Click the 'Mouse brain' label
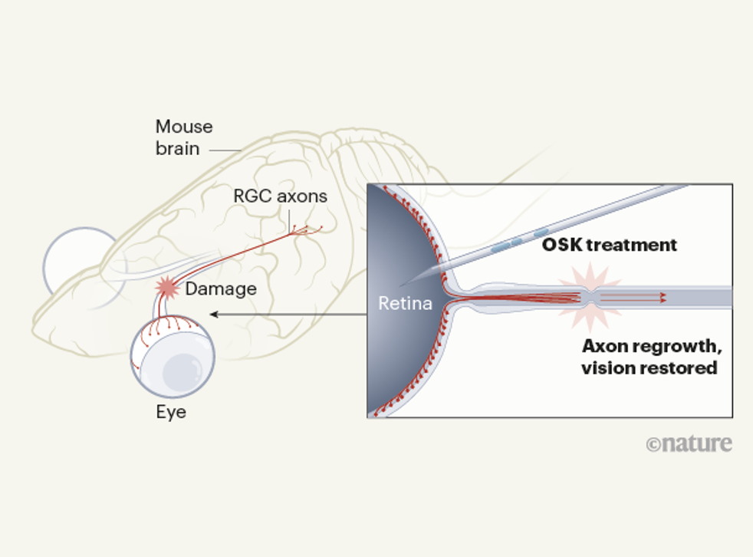click(x=184, y=137)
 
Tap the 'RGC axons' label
click(x=280, y=196)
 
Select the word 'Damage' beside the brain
click(x=221, y=288)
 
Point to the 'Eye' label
click(x=171, y=412)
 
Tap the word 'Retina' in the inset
click(x=405, y=304)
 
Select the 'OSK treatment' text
click(x=610, y=246)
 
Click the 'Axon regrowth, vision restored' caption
click(x=649, y=357)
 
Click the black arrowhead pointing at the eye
click(x=214, y=314)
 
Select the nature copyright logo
click(x=689, y=443)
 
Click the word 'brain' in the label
click(x=178, y=148)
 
